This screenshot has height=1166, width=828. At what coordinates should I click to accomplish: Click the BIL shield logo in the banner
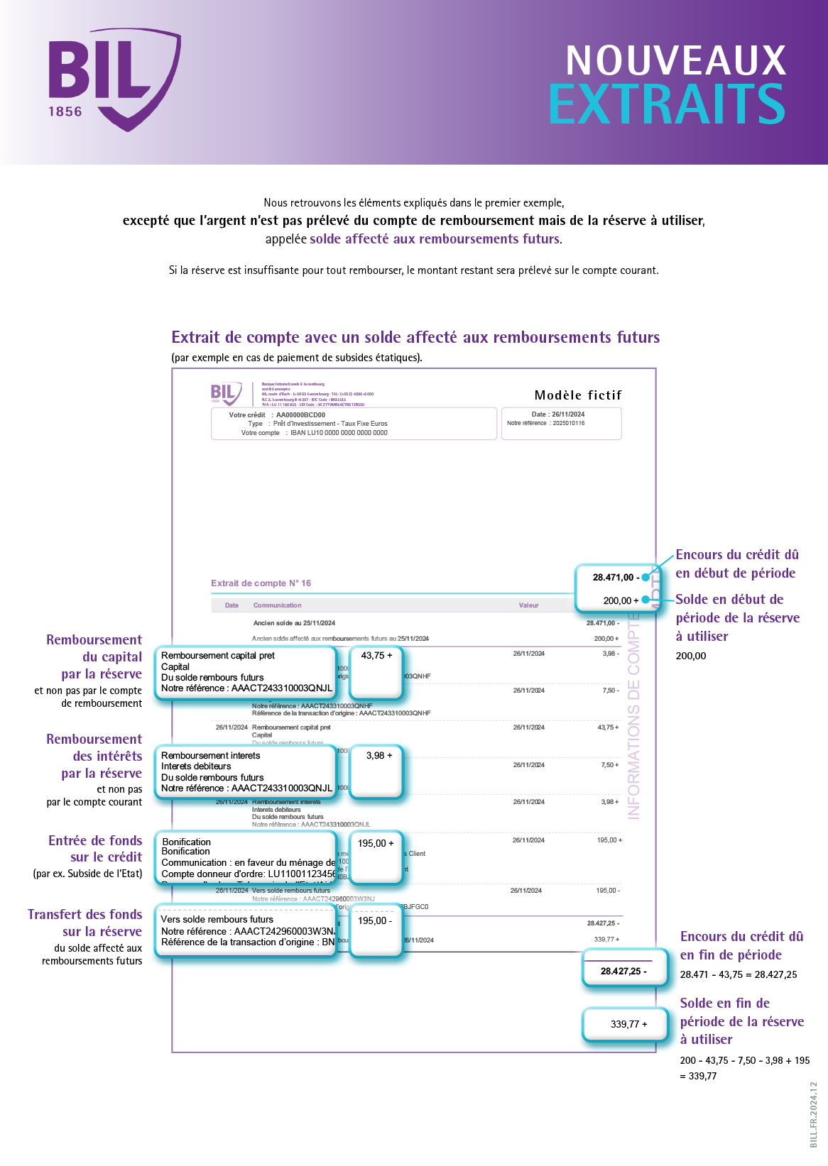coord(114,78)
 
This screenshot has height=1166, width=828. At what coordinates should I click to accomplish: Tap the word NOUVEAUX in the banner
coord(675,61)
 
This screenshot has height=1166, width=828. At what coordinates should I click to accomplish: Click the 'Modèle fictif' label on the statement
coord(577,395)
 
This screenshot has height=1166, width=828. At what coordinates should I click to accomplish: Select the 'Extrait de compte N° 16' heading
coord(261,583)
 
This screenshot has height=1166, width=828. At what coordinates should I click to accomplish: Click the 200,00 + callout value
coord(620,600)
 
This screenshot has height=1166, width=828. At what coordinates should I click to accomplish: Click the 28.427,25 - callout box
coord(623,971)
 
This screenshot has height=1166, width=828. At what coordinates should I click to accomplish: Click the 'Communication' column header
coord(277,605)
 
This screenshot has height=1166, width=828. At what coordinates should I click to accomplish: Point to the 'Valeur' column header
coord(528,605)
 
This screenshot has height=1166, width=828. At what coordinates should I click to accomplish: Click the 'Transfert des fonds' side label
coord(85,915)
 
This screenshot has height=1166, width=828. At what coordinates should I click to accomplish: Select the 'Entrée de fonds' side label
coord(95,841)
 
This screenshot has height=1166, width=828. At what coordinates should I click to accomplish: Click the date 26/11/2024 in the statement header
coord(568,414)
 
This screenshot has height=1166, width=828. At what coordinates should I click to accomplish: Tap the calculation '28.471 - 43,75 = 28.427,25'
coord(739,974)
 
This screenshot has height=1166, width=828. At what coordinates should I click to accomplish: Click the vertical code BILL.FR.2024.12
coord(814,1114)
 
